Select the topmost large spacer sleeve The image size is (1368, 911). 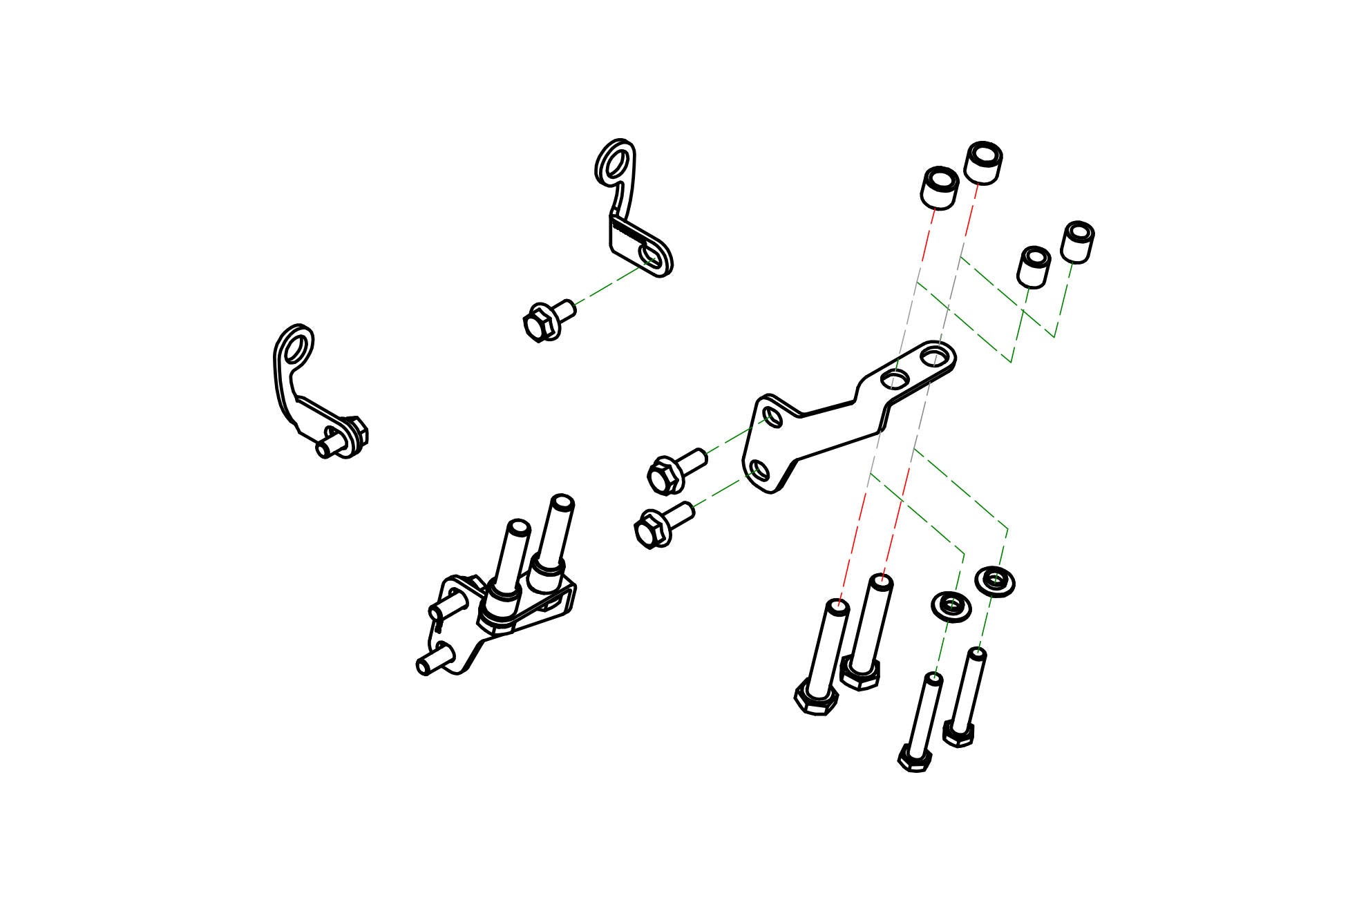pos(983,162)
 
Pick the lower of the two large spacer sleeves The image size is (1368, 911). pos(939,187)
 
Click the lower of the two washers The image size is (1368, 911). pos(951,606)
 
